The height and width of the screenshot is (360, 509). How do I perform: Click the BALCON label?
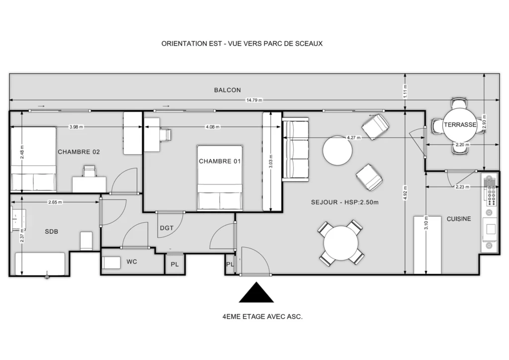pos(227,90)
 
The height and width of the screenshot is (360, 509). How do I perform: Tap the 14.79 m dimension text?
pos(254,100)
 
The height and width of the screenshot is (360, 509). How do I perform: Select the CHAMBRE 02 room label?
pos(79,152)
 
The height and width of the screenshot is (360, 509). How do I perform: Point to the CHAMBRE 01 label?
pos(220,161)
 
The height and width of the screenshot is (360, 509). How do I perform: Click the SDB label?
pos(51,231)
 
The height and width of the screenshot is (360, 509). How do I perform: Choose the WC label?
pos(132,262)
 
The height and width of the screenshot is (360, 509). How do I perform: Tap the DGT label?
pos(167,228)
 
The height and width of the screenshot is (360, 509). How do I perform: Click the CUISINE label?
pos(459,219)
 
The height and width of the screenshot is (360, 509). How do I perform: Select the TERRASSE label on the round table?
pos(460,125)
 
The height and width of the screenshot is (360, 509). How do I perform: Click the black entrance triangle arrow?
pos(256,292)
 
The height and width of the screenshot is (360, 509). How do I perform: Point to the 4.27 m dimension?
pos(353,138)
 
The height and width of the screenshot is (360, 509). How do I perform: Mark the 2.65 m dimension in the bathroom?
pos(55,202)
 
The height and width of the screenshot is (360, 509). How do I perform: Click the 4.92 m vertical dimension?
pos(405,193)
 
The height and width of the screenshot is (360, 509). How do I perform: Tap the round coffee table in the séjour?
pos(338,151)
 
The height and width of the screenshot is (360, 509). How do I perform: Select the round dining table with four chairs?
pos(341,243)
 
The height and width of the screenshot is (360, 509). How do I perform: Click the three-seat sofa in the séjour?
pos(295,149)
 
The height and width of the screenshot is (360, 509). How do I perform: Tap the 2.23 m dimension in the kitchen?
pos(462,186)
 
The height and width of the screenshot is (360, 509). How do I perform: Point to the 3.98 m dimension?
pos(76,127)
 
